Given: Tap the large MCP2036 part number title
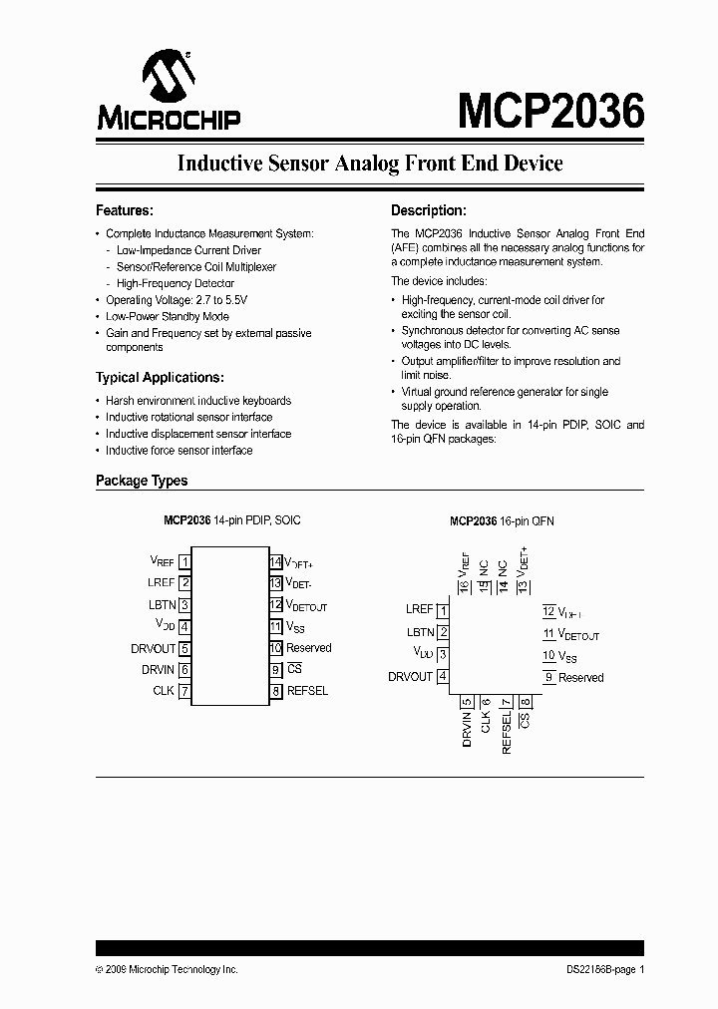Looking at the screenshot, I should pyautogui.click(x=550, y=111).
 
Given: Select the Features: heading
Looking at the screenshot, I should pyautogui.click(x=124, y=210).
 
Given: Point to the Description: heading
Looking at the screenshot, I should pyautogui.click(x=428, y=210).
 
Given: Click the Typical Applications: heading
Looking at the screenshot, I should pyautogui.click(x=160, y=378).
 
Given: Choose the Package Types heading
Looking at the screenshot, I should pyautogui.click(x=142, y=481).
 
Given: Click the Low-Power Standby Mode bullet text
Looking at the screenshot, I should pyautogui.click(x=167, y=316).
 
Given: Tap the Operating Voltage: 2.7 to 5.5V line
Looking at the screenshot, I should pyautogui.click(x=177, y=300).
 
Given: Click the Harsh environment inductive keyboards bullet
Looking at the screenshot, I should pyautogui.click(x=198, y=401).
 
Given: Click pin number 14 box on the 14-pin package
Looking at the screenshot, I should pyautogui.click(x=275, y=561).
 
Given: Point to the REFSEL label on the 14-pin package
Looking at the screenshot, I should pyautogui.click(x=307, y=691).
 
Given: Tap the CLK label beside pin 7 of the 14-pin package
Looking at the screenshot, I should pyautogui.click(x=164, y=691).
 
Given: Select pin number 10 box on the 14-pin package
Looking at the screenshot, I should pyautogui.click(x=275, y=648).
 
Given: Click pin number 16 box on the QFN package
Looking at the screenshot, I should pyautogui.click(x=463, y=587).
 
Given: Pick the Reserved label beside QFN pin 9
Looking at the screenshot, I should pyautogui.click(x=580, y=678).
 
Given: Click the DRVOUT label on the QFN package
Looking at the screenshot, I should pyautogui.click(x=410, y=677).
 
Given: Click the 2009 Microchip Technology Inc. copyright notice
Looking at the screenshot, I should pyautogui.click(x=167, y=970).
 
